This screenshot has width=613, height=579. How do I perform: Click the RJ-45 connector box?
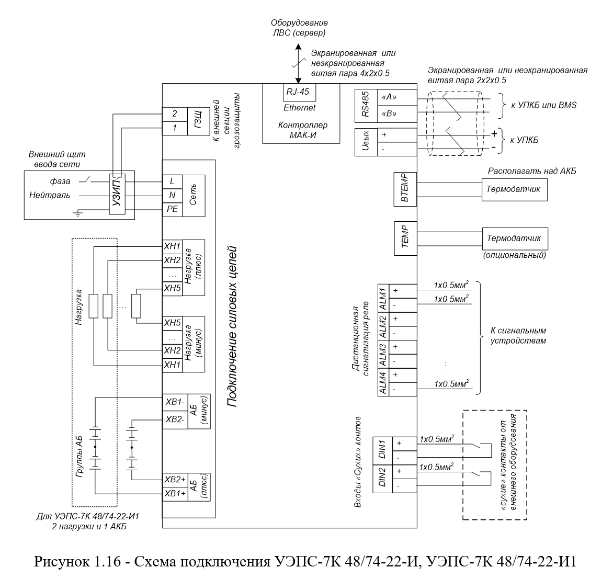(299, 92)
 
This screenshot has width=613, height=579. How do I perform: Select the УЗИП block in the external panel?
(117, 194)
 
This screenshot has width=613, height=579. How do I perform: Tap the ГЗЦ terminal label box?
(198, 121)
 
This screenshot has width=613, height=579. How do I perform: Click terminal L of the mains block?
(172, 181)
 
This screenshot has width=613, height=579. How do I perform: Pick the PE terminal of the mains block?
(172, 210)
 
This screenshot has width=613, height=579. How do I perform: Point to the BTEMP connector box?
(405, 189)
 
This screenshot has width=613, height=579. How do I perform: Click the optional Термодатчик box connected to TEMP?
(515, 239)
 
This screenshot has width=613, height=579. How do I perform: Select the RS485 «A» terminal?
(397, 97)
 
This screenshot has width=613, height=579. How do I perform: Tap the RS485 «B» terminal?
(397, 114)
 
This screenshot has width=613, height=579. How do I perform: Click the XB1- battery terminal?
(175, 402)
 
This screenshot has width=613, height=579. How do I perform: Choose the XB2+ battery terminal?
(175, 480)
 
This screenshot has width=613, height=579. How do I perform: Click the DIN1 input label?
(382, 450)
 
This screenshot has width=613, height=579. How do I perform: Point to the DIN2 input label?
(382, 479)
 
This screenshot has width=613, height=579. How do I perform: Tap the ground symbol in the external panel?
(78, 213)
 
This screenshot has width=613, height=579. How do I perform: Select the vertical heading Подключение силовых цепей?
(233, 326)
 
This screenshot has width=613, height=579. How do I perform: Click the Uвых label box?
(366, 142)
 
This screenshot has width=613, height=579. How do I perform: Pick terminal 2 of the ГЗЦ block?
(175, 114)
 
